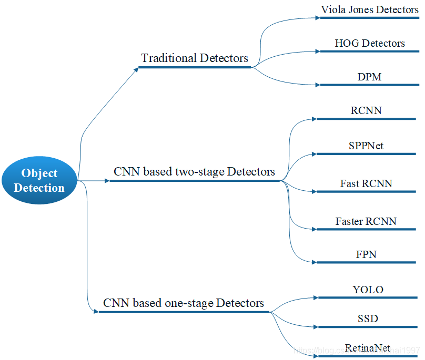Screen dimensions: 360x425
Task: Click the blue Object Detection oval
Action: click(39, 180)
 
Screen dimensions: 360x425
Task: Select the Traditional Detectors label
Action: click(195, 58)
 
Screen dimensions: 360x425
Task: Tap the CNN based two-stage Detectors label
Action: click(194, 172)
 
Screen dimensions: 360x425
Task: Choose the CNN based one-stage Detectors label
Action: click(184, 303)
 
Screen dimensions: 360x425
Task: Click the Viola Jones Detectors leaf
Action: click(370, 10)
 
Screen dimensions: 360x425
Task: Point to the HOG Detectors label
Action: click(370, 43)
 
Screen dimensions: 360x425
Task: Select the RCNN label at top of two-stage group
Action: click(366, 111)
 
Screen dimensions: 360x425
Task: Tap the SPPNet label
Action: click(366, 146)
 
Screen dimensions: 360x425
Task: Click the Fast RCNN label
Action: click(366, 184)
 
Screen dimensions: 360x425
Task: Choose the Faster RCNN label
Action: click(366, 221)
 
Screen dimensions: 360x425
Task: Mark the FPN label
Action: click(366, 255)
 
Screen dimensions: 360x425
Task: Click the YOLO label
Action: click(368, 290)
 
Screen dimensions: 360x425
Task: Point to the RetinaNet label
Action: click(368, 348)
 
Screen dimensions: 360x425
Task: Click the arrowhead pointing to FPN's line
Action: click(313, 261)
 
